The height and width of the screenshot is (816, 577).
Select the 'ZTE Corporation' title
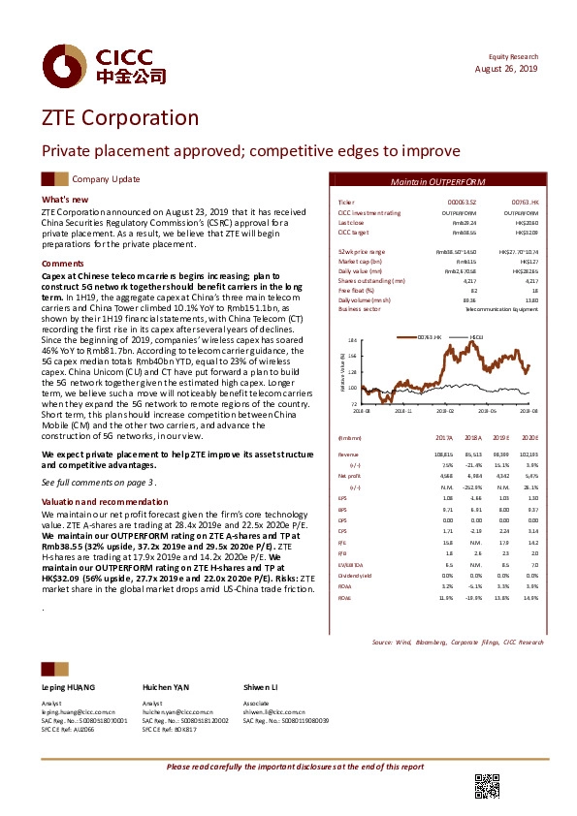coord(119,118)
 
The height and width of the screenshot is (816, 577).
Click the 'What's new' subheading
coord(66,200)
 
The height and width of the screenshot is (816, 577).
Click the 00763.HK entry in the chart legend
coord(431,335)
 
